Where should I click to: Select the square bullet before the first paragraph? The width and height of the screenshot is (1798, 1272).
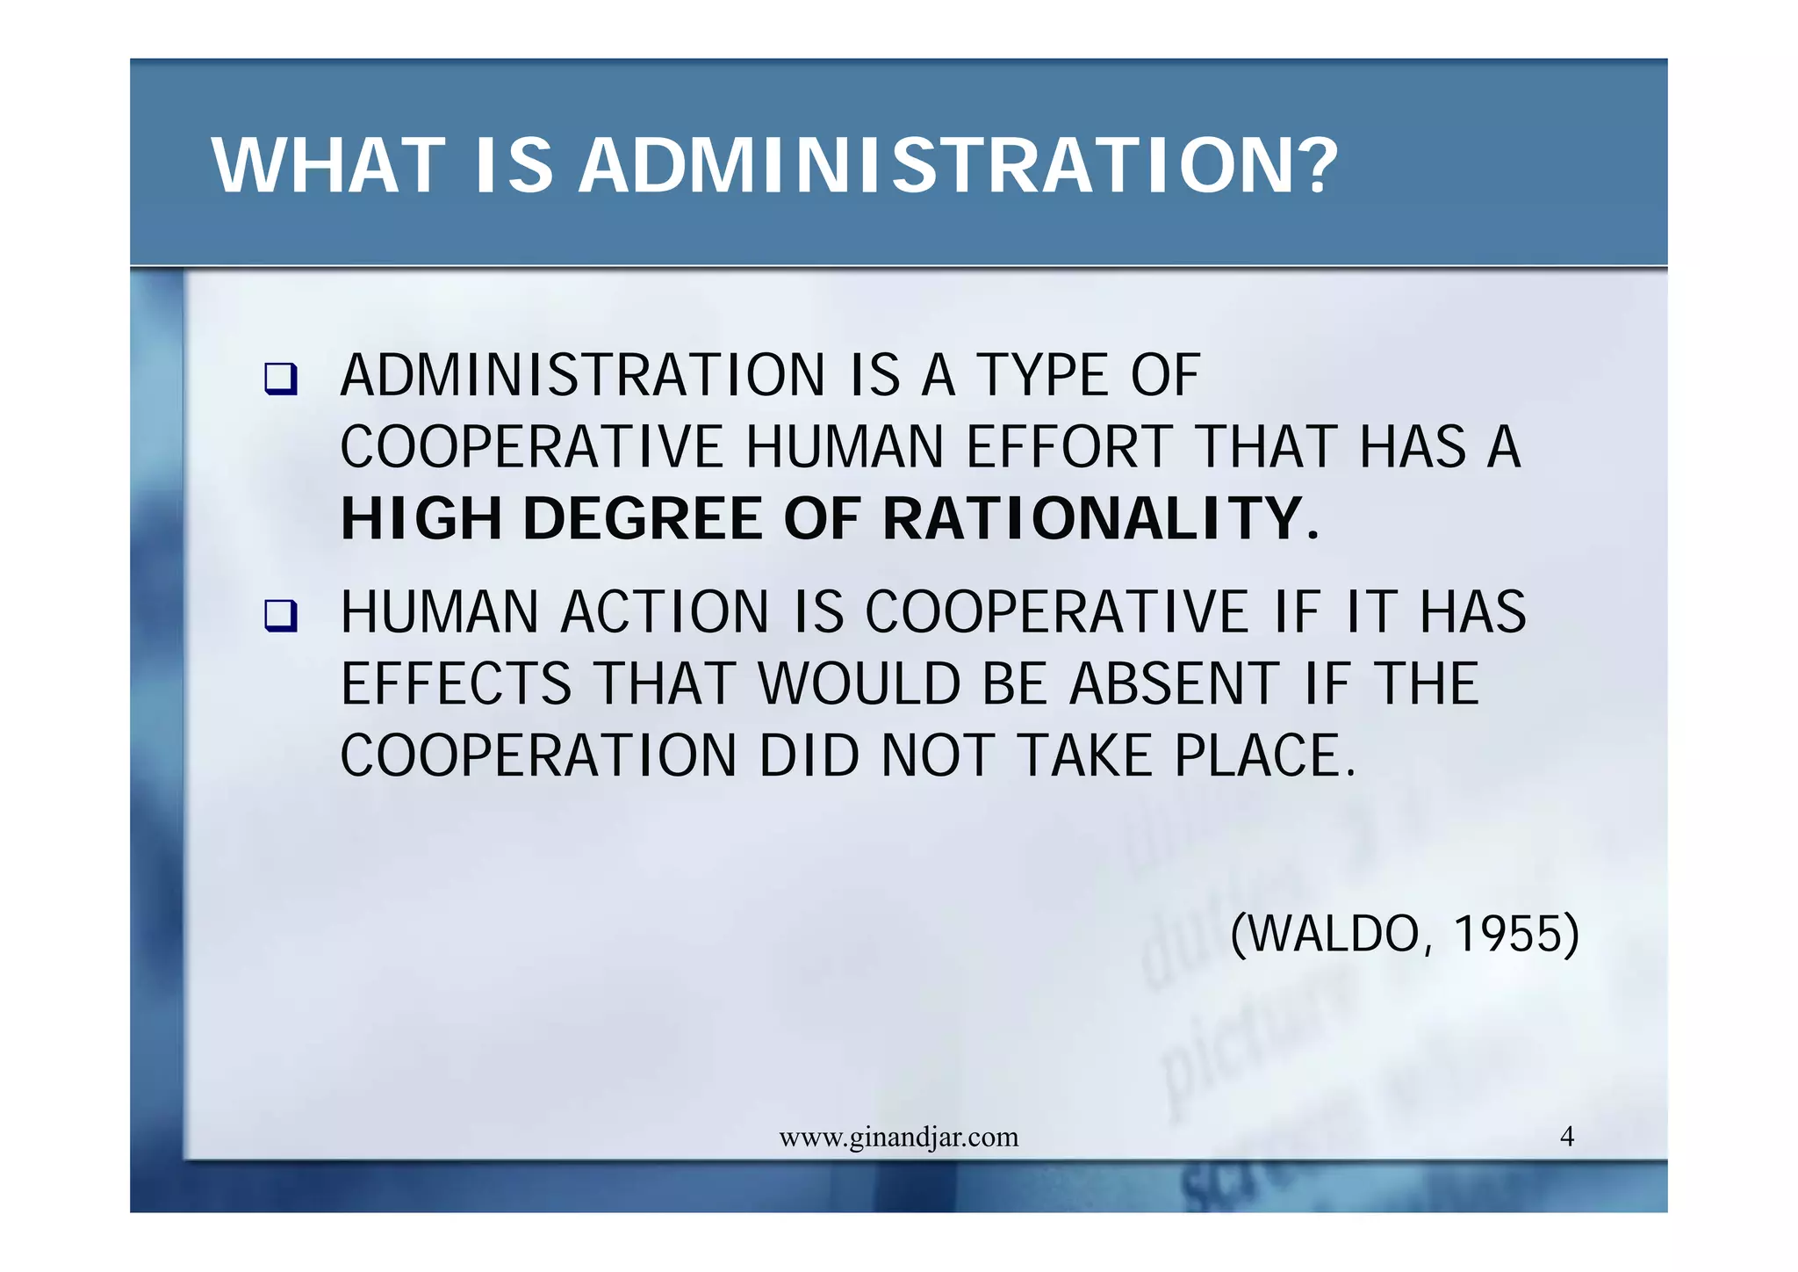click(x=281, y=379)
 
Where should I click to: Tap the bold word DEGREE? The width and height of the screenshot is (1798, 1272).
click(x=643, y=518)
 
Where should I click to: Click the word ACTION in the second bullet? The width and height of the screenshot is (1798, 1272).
click(x=665, y=612)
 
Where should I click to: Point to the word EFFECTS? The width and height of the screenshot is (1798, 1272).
click(x=457, y=684)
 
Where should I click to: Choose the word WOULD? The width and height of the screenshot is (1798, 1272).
click(x=859, y=684)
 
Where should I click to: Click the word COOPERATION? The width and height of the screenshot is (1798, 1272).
click(x=538, y=756)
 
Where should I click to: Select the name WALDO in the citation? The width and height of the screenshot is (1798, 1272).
click(x=1333, y=934)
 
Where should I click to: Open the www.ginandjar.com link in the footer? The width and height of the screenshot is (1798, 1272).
click(x=898, y=1138)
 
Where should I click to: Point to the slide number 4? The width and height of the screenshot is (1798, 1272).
click(x=1567, y=1137)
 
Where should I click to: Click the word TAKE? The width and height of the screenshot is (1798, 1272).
click(x=1085, y=756)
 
